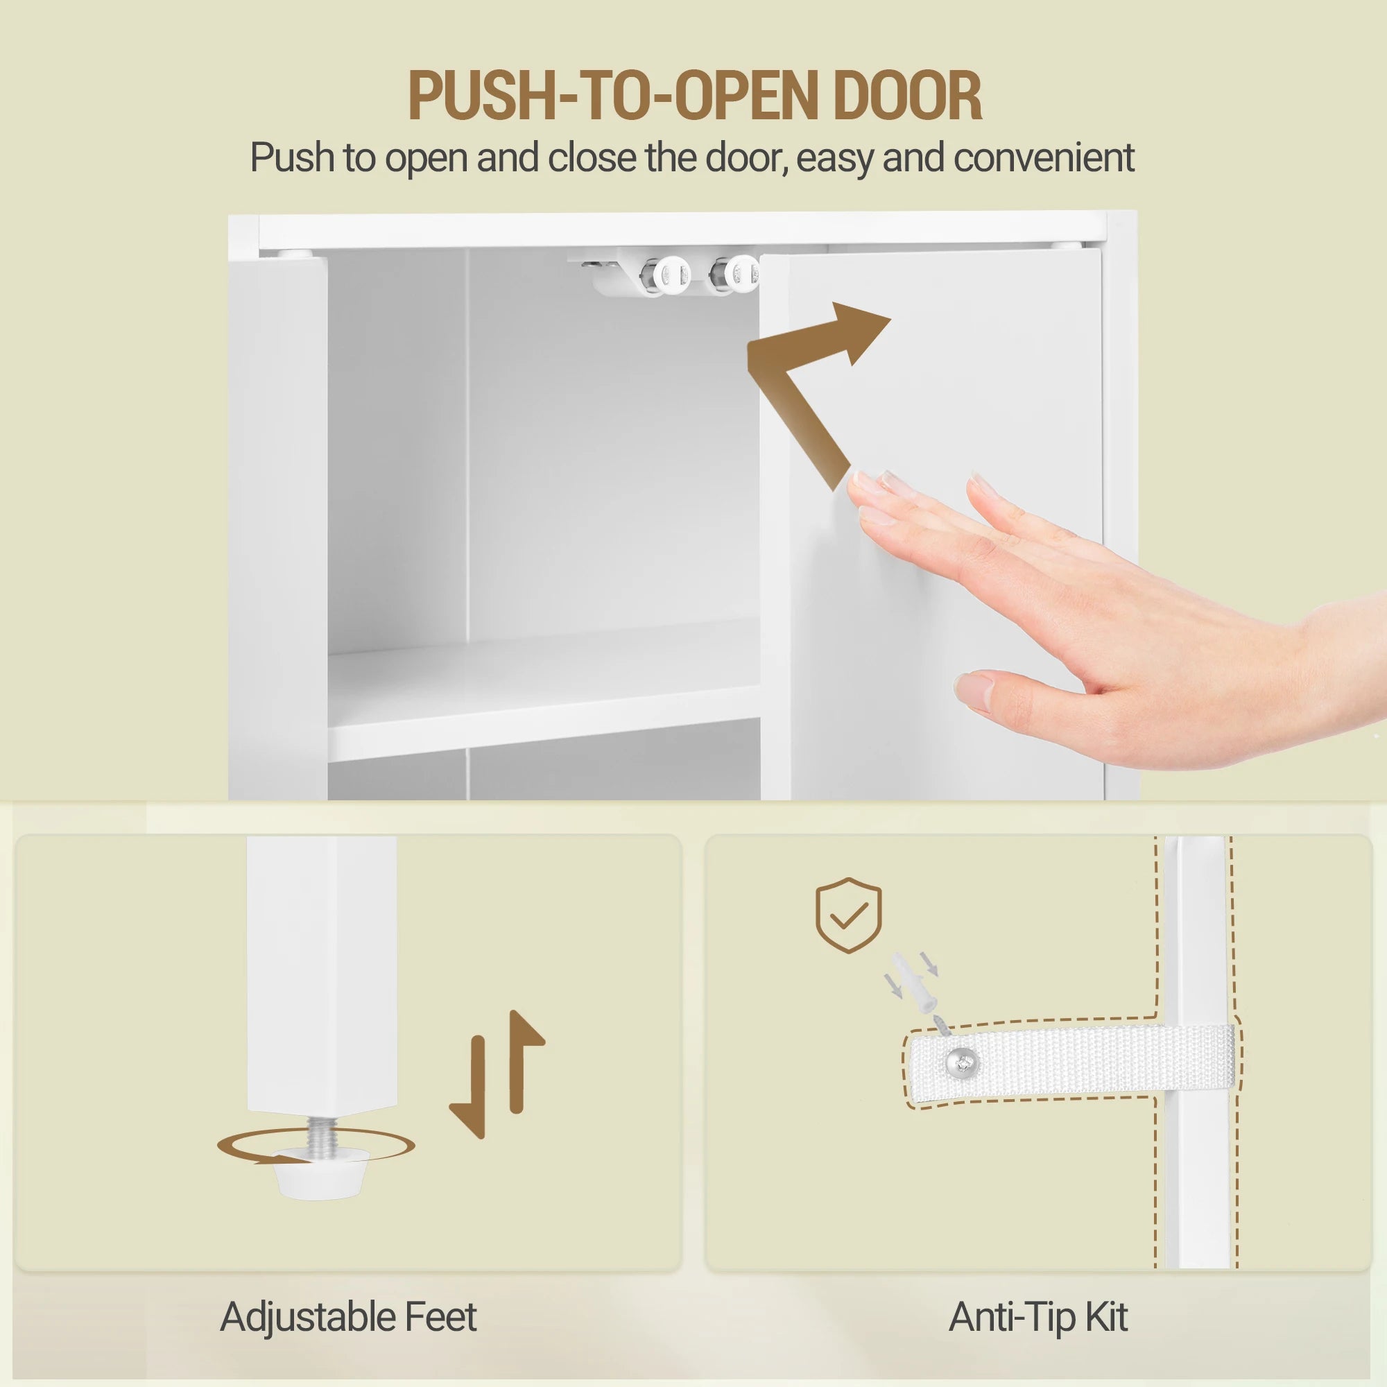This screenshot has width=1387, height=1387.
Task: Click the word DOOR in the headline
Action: click(x=906, y=96)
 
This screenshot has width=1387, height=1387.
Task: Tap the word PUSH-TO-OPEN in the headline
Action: click(x=613, y=96)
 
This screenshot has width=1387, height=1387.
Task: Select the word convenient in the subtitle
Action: click(x=1044, y=158)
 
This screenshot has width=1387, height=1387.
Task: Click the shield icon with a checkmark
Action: click(x=849, y=915)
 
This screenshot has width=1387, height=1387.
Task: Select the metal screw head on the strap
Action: click(x=962, y=1060)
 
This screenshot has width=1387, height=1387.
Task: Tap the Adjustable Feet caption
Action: click(x=348, y=1318)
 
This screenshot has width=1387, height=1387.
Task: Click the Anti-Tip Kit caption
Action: click(x=1038, y=1318)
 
